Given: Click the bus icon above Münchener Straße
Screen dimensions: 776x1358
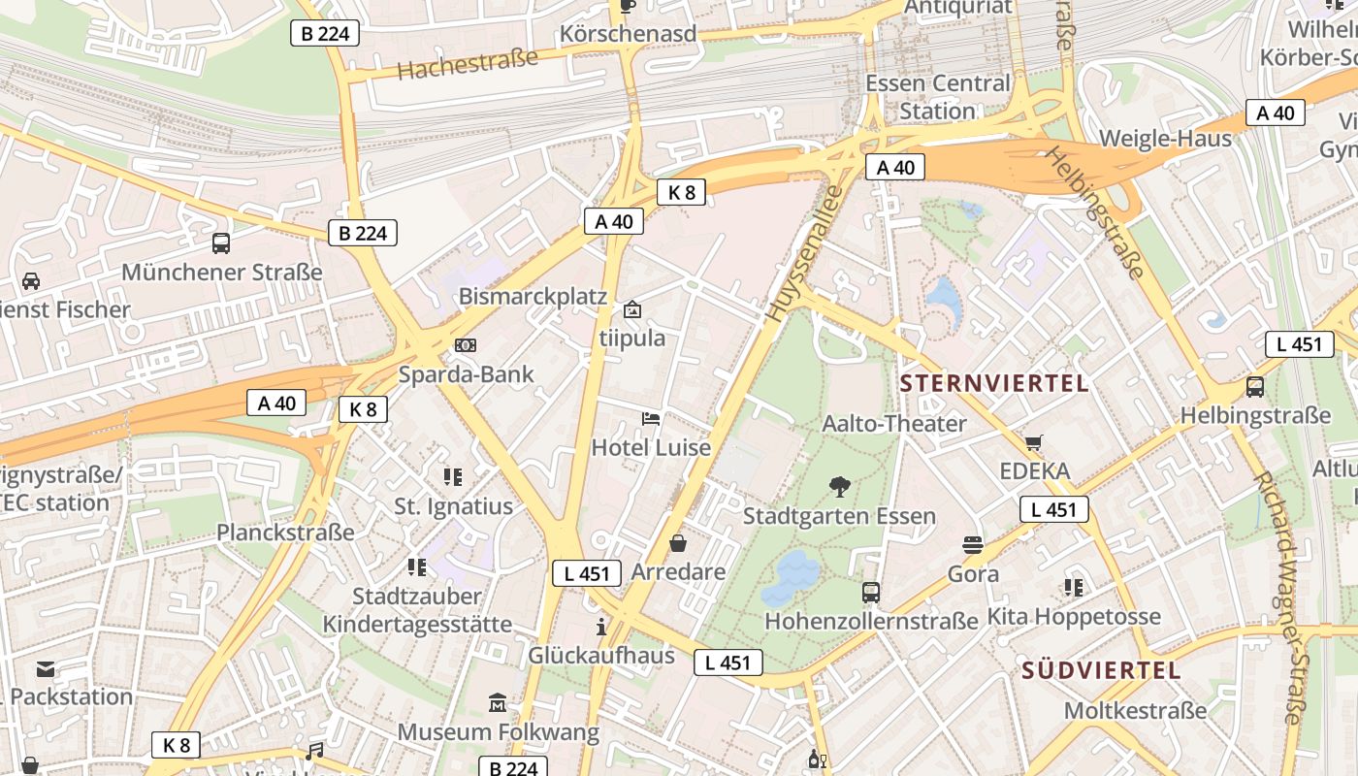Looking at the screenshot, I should pos(221,242).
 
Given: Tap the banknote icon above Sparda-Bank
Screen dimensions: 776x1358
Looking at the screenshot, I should pos(466,345).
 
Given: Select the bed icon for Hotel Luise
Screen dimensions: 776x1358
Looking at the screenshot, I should pos(652,419).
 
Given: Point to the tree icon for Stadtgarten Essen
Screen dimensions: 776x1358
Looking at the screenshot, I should pos(840,487).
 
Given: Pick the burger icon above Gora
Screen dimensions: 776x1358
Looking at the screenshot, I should pos(973,545).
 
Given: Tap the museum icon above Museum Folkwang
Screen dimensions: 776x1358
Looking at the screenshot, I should pos(499,702).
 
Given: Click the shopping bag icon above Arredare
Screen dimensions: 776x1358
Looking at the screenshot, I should pos(678,543).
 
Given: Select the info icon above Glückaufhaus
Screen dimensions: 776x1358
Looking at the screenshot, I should pos(601,626).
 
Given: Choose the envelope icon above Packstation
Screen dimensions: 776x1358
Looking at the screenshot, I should pos(46,668).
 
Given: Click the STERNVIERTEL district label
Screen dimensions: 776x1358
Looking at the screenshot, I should pos(994,383).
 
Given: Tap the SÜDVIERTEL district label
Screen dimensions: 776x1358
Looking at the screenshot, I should pos(1101,670).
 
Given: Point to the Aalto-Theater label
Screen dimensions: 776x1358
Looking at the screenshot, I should pos(894,424).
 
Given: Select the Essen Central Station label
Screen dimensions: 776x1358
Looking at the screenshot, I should pos(937,97).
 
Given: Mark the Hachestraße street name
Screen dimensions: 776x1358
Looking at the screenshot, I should pos(468,65).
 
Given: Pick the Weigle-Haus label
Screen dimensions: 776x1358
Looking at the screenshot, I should pos(1165,139).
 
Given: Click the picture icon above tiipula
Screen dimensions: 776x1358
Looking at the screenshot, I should pos(632,309).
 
